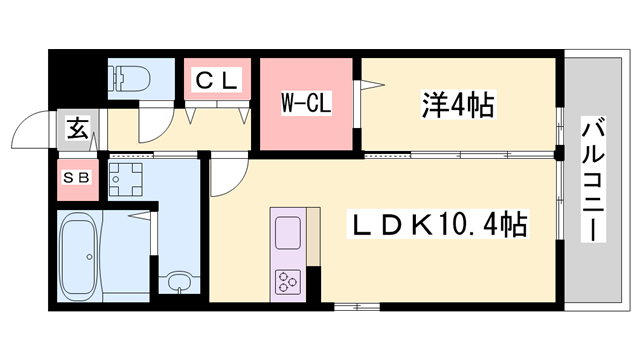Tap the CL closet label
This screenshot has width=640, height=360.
tap(216, 80)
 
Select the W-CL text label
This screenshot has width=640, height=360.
tap(305, 102)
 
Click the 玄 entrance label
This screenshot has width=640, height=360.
tap(76, 127)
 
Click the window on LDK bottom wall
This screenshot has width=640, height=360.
tap(349, 304)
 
